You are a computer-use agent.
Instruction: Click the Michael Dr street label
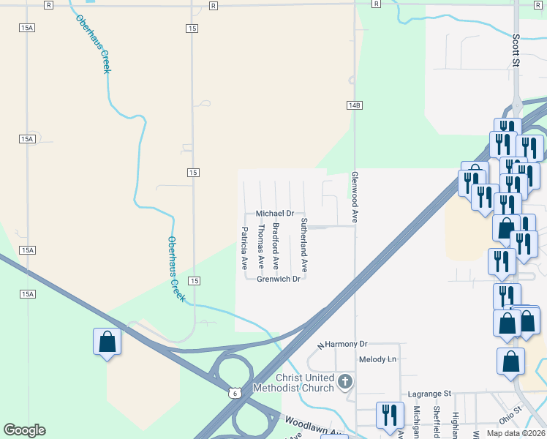click(x=274, y=214)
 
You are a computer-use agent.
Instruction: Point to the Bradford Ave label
click(x=276, y=245)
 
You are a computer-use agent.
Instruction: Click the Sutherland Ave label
click(x=304, y=245)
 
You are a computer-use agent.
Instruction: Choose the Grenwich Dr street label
click(x=279, y=279)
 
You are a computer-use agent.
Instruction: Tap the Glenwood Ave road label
click(x=355, y=197)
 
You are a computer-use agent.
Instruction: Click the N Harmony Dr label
click(x=342, y=344)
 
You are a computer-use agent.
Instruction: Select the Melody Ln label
click(x=377, y=359)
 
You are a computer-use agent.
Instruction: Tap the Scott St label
click(x=516, y=50)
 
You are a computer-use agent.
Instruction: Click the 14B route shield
click(x=354, y=105)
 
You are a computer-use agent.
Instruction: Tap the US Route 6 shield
click(x=234, y=393)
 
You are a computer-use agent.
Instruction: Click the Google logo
click(x=24, y=429)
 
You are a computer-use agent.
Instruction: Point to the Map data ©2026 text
click(x=516, y=433)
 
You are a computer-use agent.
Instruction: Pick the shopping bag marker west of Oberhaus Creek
click(x=107, y=342)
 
